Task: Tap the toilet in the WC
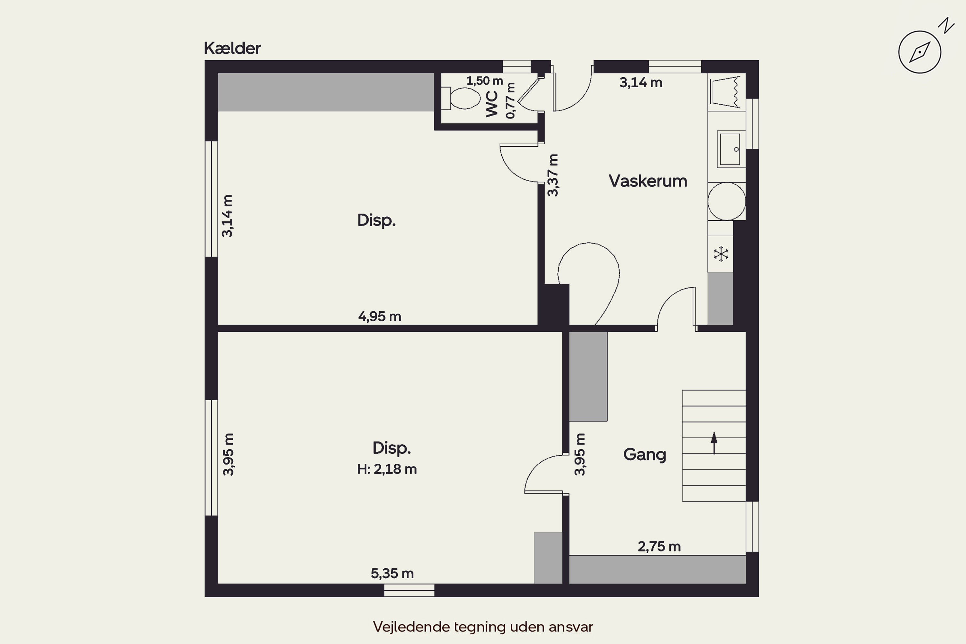(x=460, y=98)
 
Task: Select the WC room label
(x=492, y=104)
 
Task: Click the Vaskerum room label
(x=648, y=181)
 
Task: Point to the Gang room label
(x=644, y=455)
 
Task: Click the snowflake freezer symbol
(x=721, y=254)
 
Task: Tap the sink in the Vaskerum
(x=731, y=149)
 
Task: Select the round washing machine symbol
(x=726, y=201)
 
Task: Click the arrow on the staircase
(x=714, y=443)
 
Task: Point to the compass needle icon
(x=920, y=52)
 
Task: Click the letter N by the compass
(x=946, y=25)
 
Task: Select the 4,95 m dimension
(x=380, y=317)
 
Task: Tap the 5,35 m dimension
(x=392, y=573)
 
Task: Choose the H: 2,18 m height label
(x=387, y=469)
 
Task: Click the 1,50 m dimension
(x=485, y=81)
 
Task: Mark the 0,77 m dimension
(x=510, y=100)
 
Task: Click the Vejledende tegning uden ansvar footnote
(x=483, y=627)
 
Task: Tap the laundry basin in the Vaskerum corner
(x=726, y=92)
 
